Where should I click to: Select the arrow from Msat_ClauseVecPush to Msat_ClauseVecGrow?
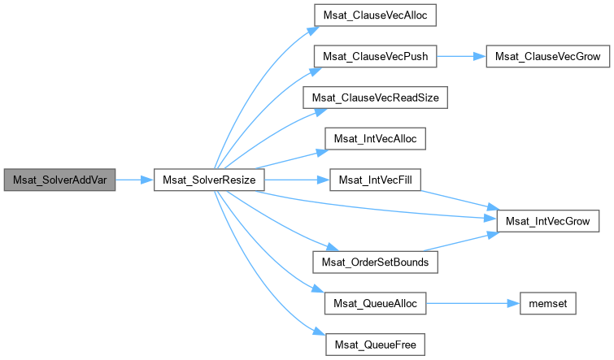(x=462, y=56)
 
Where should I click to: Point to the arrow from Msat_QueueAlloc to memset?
(x=472, y=304)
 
